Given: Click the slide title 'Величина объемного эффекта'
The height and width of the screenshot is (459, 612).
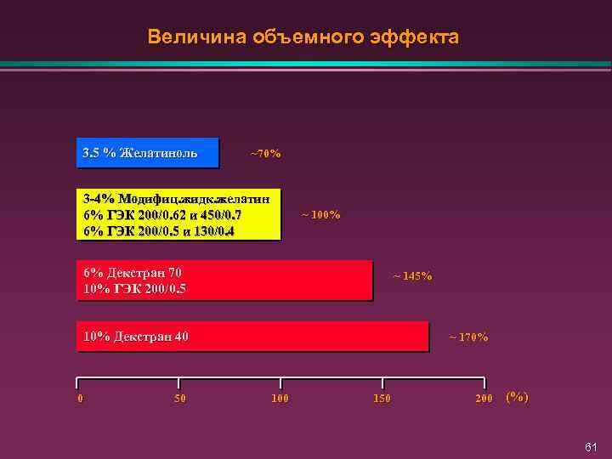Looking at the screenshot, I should click(x=303, y=37).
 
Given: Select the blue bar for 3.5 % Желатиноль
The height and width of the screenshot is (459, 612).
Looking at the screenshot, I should click(x=148, y=152).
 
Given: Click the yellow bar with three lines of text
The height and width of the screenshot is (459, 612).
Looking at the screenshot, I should click(x=178, y=214).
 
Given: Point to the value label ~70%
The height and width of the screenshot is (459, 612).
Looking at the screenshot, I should click(x=265, y=154).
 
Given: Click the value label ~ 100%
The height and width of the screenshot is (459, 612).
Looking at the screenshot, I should click(x=321, y=214).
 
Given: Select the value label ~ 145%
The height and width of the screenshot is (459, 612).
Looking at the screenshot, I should click(x=411, y=275).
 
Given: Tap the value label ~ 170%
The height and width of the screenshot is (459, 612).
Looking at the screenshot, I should click(x=468, y=337).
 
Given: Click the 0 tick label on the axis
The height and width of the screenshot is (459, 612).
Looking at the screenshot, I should click(x=79, y=398).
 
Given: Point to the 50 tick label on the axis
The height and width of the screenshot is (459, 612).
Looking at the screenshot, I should click(x=179, y=398).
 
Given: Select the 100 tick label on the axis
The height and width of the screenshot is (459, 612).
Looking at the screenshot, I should click(x=280, y=398).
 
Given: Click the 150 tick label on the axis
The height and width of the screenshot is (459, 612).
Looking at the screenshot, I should click(x=382, y=398).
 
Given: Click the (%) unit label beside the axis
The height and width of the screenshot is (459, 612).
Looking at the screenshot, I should click(x=517, y=397).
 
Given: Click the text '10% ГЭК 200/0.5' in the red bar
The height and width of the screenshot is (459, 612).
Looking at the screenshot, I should click(x=134, y=289).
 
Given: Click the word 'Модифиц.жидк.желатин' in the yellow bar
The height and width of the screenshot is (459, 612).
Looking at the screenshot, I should click(x=195, y=198).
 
